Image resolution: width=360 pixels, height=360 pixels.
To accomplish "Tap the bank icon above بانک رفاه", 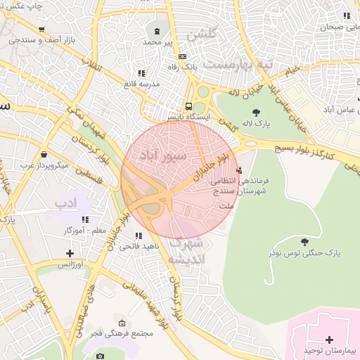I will [183, 56].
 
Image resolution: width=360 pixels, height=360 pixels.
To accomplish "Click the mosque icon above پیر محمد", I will [155, 31].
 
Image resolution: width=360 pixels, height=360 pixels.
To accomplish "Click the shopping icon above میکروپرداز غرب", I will [44, 155].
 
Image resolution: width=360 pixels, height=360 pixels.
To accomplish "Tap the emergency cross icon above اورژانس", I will [69, 253].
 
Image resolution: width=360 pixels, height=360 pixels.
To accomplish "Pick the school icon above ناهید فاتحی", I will [139, 236].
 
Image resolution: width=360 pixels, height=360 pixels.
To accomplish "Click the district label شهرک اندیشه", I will [186, 251].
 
